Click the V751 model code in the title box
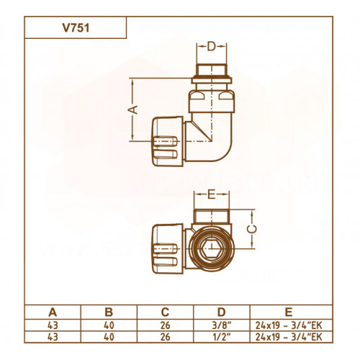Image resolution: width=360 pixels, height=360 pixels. click(x=76, y=28)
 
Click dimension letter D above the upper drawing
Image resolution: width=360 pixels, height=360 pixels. click(x=212, y=47)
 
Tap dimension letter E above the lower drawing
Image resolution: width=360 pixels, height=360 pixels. click(x=211, y=194)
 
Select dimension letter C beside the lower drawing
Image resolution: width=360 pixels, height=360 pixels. click(x=252, y=229)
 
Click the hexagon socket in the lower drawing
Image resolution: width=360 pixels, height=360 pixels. click(x=211, y=248)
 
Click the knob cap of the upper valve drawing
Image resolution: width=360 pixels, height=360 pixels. click(x=168, y=141)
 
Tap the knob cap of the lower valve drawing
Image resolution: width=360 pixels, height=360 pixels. click(x=168, y=248)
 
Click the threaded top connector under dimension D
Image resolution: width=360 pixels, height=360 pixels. click(x=212, y=71)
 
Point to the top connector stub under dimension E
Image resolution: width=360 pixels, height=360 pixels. click(x=212, y=216)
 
